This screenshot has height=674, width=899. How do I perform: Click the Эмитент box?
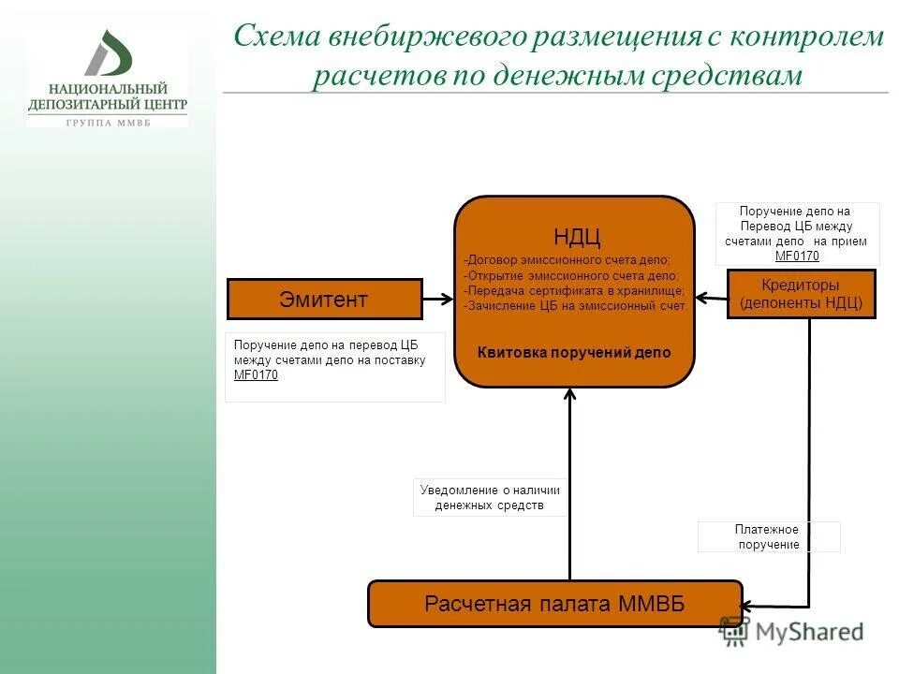click(324, 300)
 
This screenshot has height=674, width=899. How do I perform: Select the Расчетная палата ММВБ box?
click(554, 604)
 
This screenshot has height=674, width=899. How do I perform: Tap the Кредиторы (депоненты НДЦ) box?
click(801, 294)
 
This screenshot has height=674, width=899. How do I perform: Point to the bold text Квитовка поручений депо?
click(574, 353)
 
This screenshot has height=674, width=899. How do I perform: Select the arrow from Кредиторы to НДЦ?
click(711, 299)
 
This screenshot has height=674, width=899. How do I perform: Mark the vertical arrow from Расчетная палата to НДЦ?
click(569, 487)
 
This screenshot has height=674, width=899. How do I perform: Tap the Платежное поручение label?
click(768, 536)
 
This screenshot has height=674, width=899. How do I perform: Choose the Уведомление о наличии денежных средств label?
click(490, 498)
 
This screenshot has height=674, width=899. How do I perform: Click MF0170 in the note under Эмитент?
click(256, 375)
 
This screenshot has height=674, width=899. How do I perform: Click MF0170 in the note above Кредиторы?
click(797, 256)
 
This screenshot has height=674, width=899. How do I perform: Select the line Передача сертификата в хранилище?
click(573, 290)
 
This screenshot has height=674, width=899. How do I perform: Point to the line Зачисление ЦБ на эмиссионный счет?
click(575, 305)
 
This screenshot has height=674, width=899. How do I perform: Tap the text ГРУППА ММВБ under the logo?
click(108, 123)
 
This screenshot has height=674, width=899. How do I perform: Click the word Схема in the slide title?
click(275, 37)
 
